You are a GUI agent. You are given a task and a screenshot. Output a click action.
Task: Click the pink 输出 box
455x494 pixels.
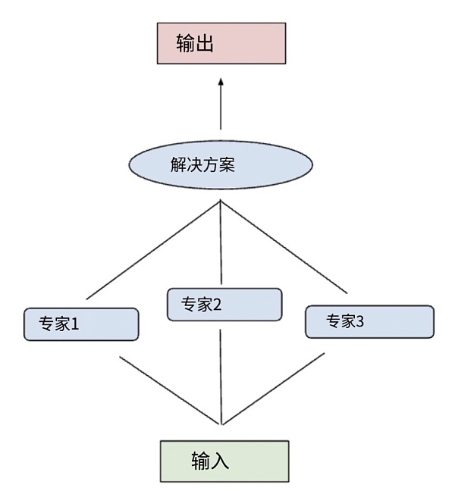point(221,43)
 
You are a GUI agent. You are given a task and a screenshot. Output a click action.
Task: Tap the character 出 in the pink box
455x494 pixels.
point(202,43)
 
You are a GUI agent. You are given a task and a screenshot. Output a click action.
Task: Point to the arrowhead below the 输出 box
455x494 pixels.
point(221,82)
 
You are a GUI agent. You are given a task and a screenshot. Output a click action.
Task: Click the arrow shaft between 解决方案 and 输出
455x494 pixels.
point(221,110)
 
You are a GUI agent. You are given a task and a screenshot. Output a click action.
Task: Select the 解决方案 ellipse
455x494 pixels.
point(221,164)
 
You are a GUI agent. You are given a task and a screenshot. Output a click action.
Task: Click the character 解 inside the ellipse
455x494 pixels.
point(179,164)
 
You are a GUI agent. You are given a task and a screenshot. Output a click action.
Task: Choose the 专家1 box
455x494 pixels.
point(81,324)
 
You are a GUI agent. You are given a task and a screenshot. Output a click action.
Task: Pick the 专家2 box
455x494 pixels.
point(224,305)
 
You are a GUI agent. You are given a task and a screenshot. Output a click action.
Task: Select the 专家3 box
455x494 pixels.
point(369,321)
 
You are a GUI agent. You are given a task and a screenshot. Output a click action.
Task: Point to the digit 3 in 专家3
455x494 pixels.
point(360,321)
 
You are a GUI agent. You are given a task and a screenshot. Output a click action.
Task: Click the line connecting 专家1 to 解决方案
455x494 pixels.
point(154,249)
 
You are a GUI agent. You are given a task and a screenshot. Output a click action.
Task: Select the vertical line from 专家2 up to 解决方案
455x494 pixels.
point(221,242)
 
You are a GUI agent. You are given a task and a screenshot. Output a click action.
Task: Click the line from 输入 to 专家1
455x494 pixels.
point(171,390)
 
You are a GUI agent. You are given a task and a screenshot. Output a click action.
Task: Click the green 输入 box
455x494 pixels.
point(224,461)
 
